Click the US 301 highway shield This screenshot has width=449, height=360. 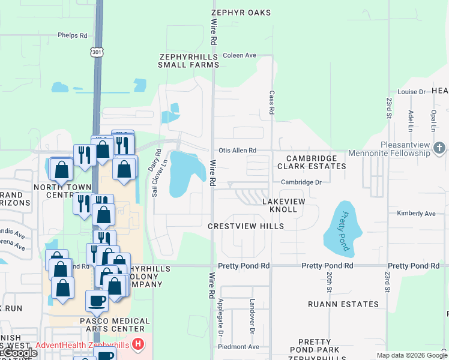[97, 53]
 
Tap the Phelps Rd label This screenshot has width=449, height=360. [72, 35]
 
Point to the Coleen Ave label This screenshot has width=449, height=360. [240, 55]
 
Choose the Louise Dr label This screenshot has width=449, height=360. [411, 92]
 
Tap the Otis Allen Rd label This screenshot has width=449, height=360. [237, 150]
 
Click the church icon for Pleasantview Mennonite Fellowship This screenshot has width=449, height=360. [439, 147]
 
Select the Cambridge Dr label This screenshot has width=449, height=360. [301, 182]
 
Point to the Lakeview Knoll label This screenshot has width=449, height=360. [283, 206]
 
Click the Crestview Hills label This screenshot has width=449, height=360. [246, 226]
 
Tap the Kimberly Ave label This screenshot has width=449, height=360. [416, 214]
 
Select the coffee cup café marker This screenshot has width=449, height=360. [97, 301]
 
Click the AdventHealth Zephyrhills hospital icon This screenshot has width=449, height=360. [138, 345]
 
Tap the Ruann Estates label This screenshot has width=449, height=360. [343, 304]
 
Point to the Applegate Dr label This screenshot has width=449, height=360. [221, 310]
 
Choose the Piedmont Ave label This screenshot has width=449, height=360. [238, 347]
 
